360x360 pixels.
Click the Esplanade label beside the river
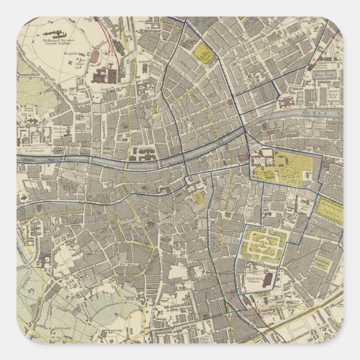[34, 150]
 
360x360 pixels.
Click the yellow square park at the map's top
[203, 54]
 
